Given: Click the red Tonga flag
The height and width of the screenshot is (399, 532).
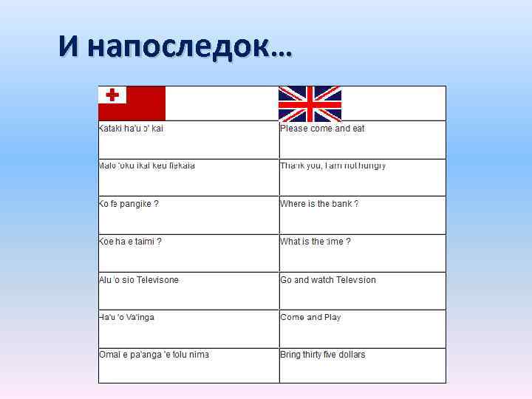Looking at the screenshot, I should [132, 103].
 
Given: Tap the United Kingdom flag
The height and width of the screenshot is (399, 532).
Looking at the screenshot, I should [310, 103].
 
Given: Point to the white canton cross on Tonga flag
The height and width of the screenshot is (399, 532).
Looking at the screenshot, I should [113, 95].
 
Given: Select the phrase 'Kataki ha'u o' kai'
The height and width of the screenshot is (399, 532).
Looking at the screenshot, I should [131, 129].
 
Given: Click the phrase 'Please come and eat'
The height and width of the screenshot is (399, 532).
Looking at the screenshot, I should [322, 129].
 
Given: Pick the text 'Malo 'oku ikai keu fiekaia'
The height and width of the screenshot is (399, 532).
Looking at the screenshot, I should [146, 166].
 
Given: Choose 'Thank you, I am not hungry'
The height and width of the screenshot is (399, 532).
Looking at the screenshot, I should [332, 166].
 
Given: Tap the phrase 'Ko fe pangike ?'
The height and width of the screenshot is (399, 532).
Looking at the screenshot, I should [129, 204].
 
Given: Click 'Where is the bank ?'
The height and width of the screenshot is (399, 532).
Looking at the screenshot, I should [319, 204].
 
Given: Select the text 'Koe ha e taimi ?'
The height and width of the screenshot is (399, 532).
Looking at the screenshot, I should [130, 242].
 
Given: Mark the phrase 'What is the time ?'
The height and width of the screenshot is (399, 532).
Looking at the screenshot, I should [316, 242].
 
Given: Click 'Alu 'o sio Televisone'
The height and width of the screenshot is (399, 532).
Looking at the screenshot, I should [139, 280].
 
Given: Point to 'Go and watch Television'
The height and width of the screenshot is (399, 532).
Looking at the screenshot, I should [328, 280].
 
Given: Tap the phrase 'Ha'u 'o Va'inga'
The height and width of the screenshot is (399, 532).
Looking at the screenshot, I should [126, 318].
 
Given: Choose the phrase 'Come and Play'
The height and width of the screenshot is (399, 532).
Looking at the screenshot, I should [310, 318].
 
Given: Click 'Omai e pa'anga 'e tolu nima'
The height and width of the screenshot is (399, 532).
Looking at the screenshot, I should [154, 355].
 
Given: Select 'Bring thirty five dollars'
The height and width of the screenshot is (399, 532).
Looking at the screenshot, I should [323, 355].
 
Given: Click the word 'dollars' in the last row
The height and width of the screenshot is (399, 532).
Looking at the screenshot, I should [352, 355].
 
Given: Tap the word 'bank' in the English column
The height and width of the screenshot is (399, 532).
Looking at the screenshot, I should [341, 204].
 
